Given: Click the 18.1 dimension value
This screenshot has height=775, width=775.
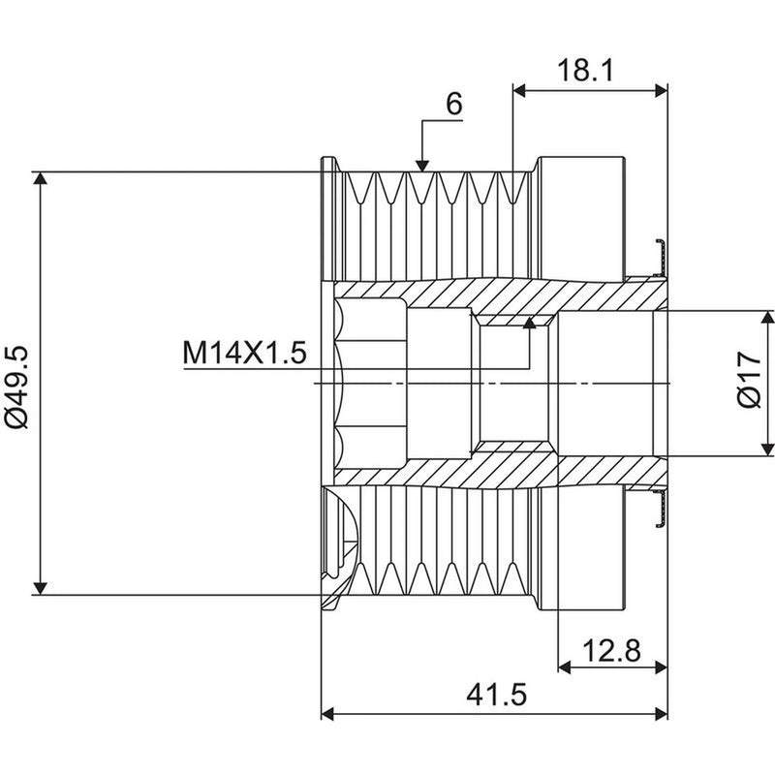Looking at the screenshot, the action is (x=585, y=70).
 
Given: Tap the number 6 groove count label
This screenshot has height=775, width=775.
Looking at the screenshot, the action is (x=453, y=104).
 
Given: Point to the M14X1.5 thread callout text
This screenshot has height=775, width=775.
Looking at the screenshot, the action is (x=245, y=353).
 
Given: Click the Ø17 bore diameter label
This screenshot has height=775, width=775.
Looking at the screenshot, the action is (x=749, y=380).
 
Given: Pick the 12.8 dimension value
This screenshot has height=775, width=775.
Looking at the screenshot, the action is (x=611, y=650).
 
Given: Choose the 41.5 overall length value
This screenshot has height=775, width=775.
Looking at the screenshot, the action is (x=496, y=695).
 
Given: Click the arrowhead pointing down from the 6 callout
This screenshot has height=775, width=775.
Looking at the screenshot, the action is (x=421, y=166).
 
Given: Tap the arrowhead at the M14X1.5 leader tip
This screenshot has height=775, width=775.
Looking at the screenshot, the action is (x=529, y=323).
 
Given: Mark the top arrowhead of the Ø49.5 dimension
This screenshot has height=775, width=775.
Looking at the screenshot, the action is (x=41, y=178).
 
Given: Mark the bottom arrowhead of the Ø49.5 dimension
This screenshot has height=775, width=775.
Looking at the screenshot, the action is (x=41, y=589).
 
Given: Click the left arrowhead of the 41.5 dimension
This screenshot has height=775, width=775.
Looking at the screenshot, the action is (x=327, y=714).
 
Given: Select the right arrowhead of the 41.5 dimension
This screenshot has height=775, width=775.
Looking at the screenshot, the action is (x=662, y=714).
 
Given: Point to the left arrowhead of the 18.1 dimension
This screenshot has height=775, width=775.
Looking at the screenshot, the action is (x=519, y=90).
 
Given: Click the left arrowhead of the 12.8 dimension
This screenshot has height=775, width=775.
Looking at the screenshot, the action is (x=565, y=667).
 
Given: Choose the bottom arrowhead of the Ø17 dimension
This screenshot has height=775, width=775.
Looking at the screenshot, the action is (x=767, y=449).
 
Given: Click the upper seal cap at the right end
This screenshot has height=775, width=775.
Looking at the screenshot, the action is (x=661, y=257).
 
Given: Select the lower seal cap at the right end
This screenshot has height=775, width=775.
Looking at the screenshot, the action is (x=661, y=510).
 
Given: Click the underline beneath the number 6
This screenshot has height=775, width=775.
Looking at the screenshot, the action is (x=443, y=120).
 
